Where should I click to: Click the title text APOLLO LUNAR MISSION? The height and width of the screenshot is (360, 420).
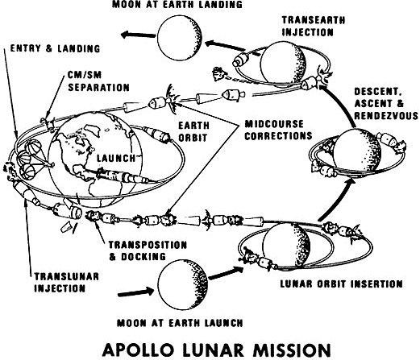tap(217, 350)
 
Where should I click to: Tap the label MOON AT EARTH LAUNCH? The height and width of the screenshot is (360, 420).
tap(180, 323)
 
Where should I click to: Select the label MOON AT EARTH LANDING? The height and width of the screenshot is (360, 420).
tap(177, 4)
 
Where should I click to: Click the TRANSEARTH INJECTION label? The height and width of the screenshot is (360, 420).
tap(314, 26)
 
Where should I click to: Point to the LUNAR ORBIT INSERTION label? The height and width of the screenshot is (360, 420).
tap(341, 283)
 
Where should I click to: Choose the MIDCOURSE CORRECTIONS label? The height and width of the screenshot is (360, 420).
tap(278, 130)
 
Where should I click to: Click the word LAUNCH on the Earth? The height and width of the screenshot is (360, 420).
tap(116, 158)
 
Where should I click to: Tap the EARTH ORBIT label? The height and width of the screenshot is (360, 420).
tap(193, 131)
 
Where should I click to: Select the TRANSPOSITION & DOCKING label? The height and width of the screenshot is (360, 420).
tap(148, 250)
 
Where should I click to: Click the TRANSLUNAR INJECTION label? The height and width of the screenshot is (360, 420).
tap(66, 283)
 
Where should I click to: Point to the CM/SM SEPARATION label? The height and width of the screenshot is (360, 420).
tap(98, 81)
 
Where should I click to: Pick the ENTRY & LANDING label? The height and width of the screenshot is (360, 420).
tap(55, 48)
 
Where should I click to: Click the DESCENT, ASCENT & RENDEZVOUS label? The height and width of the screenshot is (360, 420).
tap(386, 104)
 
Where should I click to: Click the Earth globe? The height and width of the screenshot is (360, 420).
tap(95, 159)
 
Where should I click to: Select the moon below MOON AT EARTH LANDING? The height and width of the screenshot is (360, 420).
tap(179, 37)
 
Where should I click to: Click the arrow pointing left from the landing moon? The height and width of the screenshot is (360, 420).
tap(138, 35)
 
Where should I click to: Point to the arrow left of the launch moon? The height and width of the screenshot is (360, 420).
tap(135, 292)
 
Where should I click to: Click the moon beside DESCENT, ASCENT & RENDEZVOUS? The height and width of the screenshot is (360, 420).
tap(356, 152)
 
